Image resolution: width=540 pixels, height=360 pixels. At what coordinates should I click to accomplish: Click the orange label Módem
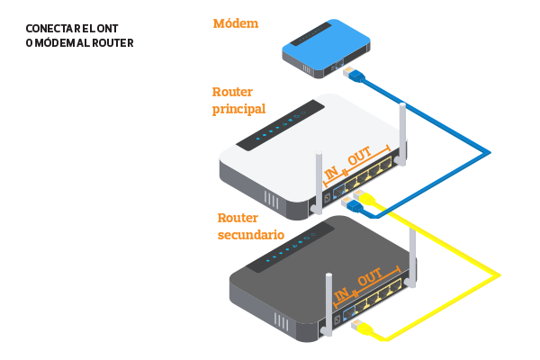[235, 23]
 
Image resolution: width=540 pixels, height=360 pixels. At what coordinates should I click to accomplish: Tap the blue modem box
[325, 47]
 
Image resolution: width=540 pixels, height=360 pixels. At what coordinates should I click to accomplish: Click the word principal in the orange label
[238, 109]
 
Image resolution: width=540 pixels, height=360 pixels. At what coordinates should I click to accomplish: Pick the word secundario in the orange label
[251, 235]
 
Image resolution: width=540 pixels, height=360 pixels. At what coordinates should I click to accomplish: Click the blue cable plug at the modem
[351, 72]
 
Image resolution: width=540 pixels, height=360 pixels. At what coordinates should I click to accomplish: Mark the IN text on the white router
[330, 171]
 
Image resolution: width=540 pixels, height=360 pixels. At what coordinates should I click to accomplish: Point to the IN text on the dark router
[341, 294]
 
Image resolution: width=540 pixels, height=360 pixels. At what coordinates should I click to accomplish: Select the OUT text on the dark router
[370, 280]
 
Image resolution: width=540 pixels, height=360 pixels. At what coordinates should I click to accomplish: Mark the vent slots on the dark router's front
[283, 322]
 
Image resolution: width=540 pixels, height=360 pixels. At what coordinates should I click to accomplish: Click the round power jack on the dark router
[337, 318]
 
